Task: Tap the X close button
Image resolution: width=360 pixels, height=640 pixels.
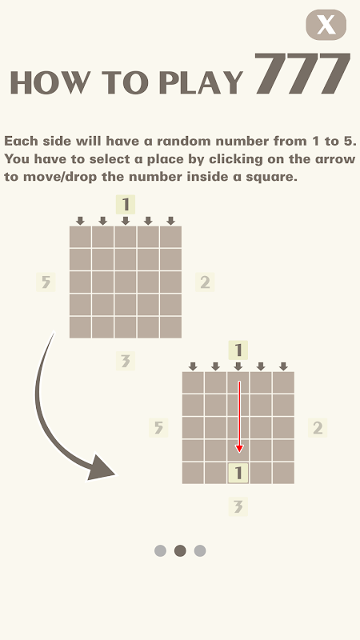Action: coord(326,25)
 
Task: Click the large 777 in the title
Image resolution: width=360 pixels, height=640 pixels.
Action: coord(303,74)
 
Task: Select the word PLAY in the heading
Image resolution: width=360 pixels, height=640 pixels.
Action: coord(201,82)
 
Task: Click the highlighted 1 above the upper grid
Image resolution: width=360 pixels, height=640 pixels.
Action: coord(126,205)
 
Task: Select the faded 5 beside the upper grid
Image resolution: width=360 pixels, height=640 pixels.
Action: coord(46,282)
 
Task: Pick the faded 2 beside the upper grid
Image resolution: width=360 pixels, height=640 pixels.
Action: coord(205,282)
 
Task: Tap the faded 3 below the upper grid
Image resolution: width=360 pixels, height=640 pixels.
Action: coord(126,361)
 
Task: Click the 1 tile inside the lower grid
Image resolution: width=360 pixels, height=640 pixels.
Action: coord(238,473)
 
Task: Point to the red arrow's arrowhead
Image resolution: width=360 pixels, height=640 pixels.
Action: coord(239,449)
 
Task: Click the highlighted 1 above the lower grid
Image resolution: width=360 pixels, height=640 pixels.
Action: coord(238,350)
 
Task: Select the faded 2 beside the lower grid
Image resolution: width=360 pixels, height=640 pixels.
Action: coord(318,428)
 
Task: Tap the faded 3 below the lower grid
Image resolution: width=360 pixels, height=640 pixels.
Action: coord(238,507)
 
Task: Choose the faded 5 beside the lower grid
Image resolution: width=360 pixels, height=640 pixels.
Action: coord(158,428)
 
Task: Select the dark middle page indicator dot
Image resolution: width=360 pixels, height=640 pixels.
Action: coord(180,551)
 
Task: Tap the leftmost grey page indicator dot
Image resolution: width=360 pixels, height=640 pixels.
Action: coord(161,551)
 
